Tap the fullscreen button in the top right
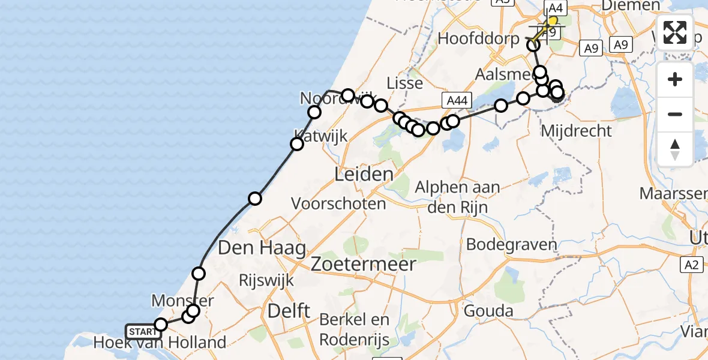tap(675, 32)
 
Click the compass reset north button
tap(675, 149)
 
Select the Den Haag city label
tap(262, 247)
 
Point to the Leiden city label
tap(365, 175)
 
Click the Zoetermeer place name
tap(364, 263)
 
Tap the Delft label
tap(289, 310)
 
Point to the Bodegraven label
tap(511, 245)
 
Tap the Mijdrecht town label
tap(575, 130)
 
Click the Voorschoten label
tap(338, 203)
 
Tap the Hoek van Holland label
tap(160, 343)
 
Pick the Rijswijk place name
tap(266, 280)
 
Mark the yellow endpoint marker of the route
tap(551, 20)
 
